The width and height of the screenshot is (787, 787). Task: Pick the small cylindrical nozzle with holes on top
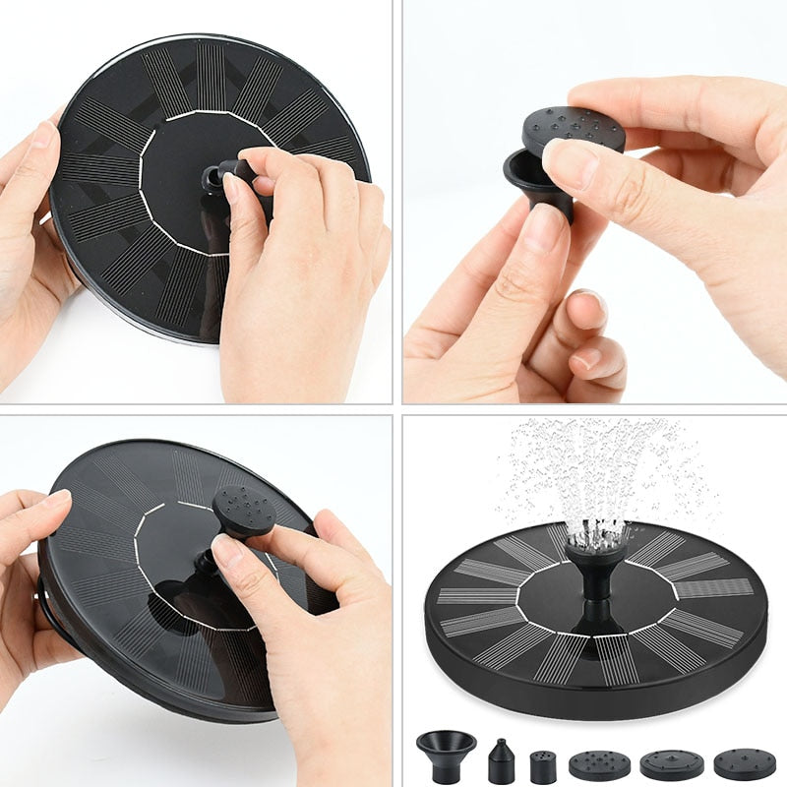[543, 766]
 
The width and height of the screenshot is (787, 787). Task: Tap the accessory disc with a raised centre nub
[670, 763]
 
